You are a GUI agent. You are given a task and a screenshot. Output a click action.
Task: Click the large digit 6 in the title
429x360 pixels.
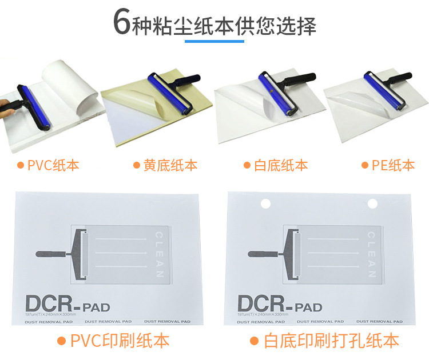(x=121, y=23)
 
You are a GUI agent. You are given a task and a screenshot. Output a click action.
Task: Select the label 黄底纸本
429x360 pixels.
(x=170, y=166)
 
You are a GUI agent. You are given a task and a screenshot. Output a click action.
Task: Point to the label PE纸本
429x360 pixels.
(x=393, y=166)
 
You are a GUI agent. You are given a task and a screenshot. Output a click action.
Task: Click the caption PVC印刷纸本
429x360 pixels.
(x=120, y=341)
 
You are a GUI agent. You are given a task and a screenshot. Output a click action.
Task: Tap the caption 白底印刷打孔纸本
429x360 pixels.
(x=331, y=341)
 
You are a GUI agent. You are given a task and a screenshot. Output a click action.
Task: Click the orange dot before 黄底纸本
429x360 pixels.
(x=137, y=166)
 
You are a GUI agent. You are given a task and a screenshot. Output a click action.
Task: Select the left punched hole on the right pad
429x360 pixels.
(x=265, y=203)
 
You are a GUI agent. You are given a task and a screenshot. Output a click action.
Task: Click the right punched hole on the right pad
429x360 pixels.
(x=372, y=203)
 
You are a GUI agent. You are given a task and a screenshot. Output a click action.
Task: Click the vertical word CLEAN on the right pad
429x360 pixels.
(x=371, y=254)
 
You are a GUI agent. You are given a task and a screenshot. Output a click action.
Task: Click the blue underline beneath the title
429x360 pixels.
(x=214, y=41)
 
